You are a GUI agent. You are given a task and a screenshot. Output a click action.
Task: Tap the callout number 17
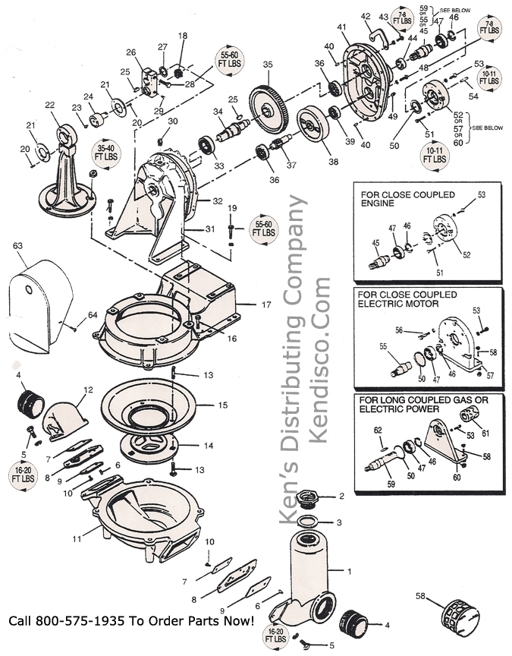(x=265, y=305)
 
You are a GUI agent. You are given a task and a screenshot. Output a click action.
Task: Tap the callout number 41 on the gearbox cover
(x=342, y=27)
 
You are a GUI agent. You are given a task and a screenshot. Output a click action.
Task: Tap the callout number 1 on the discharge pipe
(x=349, y=569)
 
